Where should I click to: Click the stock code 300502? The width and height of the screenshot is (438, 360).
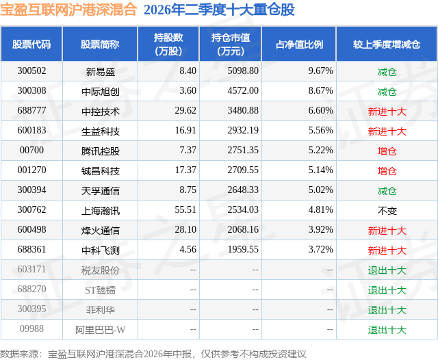point(31,71)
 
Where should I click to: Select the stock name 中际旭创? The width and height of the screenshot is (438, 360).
point(101,91)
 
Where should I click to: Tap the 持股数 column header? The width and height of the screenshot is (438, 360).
point(168,44)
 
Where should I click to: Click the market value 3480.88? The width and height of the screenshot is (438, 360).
point(243,111)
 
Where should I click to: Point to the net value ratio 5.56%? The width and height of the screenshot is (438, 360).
point(321,131)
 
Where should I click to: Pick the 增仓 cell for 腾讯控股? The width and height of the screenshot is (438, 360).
point(387,151)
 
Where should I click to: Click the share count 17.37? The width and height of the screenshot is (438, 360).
point(185,170)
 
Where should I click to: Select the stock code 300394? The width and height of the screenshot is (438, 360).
point(31,190)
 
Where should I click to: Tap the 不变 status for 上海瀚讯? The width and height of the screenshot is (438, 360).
point(387,211)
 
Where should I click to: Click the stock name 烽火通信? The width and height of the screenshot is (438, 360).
point(101,231)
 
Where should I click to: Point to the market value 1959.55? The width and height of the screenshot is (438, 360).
point(243,249)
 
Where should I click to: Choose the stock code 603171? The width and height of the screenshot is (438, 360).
point(31,269)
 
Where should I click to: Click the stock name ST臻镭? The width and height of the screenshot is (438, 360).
point(101,290)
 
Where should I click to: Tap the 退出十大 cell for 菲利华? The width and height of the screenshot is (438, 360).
point(387,310)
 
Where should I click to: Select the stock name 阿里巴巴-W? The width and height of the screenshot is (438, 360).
point(101,330)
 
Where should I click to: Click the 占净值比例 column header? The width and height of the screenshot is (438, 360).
point(299,44)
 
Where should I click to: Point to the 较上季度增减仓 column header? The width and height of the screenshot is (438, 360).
point(386,44)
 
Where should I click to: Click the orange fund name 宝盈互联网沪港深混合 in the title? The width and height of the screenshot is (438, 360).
point(68,9)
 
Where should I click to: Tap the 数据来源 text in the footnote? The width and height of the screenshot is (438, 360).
point(19,354)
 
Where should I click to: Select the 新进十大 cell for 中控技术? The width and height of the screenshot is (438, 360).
point(387,112)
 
